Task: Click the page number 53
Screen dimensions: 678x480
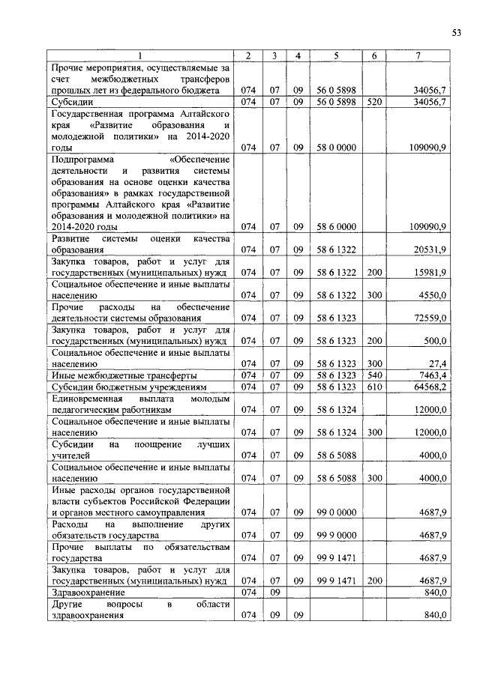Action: (x=455, y=31)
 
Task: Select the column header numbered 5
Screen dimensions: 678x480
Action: (x=336, y=56)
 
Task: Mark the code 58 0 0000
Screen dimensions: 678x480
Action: (x=335, y=147)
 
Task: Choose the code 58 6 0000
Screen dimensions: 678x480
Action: (x=335, y=226)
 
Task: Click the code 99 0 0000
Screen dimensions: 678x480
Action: (x=335, y=512)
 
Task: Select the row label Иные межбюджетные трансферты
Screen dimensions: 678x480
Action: (x=123, y=375)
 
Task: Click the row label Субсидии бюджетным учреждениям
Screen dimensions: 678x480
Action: (x=128, y=387)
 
